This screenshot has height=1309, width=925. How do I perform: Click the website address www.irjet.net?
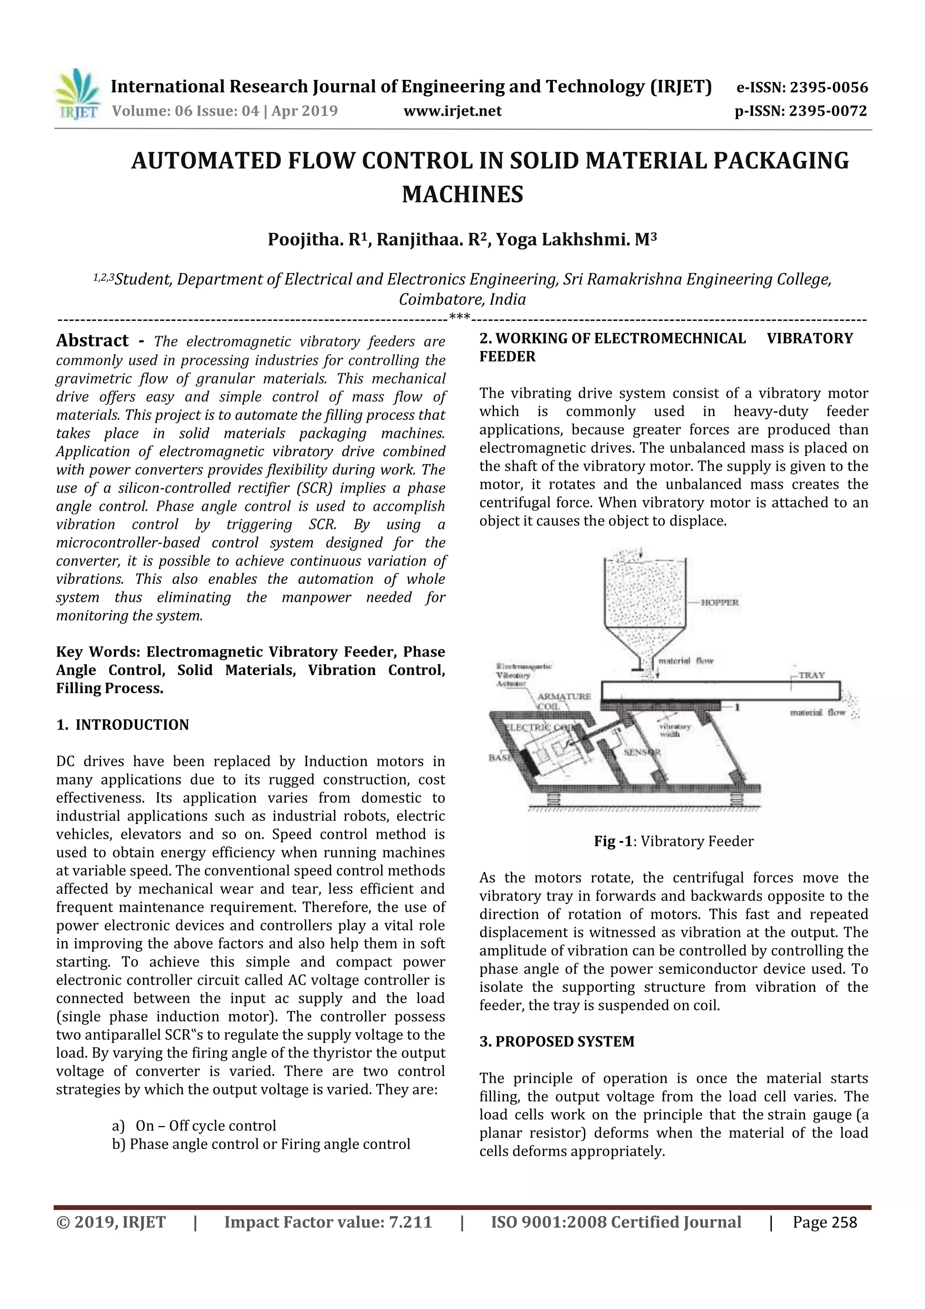(x=453, y=111)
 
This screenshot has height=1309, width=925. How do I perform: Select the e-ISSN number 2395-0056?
(x=828, y=88)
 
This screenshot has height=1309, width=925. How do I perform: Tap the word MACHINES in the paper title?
(x=462, y=195)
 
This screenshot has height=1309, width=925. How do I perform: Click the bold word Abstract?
(x=92, y=341)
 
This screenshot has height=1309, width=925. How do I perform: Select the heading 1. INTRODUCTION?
(x=122, y=725)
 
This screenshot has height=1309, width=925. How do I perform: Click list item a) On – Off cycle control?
(x=194, y=1126)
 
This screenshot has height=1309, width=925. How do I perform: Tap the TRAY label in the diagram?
(x=812, y=675)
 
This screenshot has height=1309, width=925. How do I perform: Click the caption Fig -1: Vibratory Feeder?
(x=674, y=841)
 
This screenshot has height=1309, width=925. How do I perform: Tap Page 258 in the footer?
(x=824, y=1222)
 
